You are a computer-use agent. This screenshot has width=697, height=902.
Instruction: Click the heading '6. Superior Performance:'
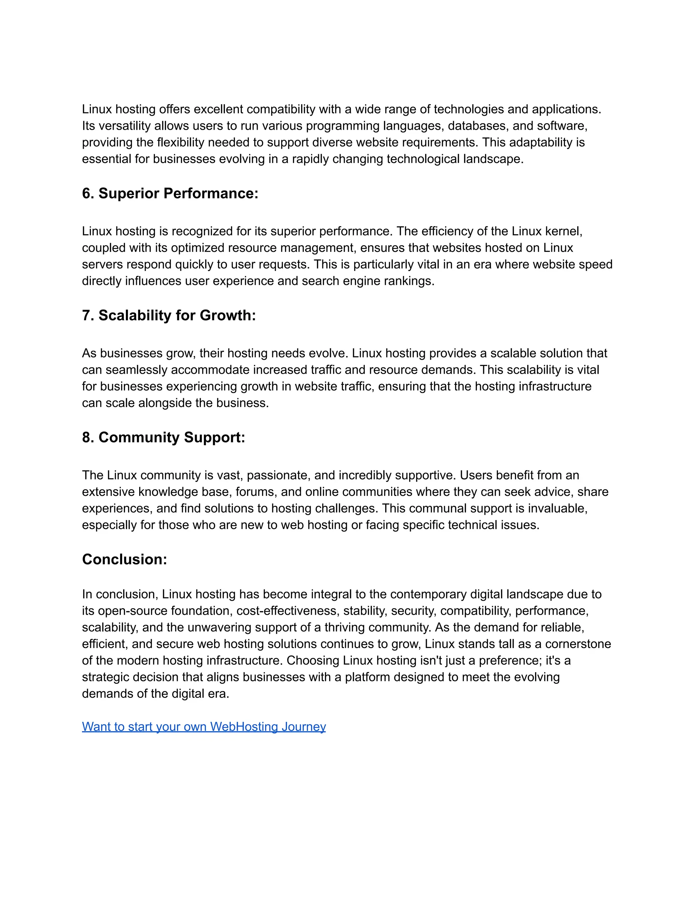(x=170, y=193)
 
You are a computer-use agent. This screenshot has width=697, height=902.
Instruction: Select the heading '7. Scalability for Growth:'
(x=169, y=315)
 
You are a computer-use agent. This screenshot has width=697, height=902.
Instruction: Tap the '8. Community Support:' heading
(x=163, y=437)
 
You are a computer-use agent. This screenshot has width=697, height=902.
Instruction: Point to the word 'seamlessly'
(x=136, y=370)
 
